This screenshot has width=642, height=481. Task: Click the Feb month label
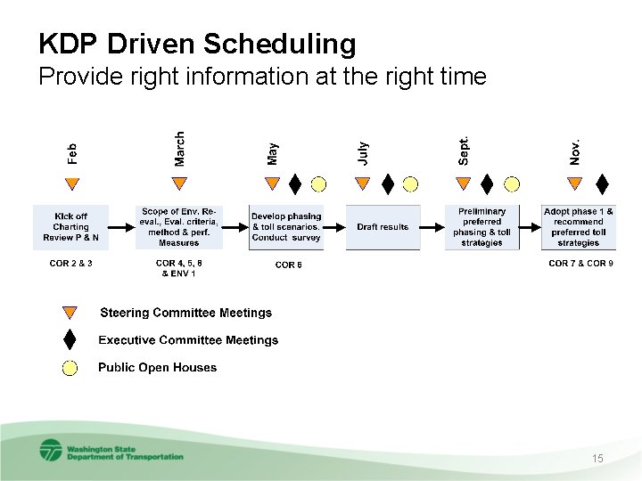click(x=73, y=152)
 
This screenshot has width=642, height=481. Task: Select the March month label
click(x=180, y=148)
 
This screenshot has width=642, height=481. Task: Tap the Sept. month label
click(x=463, y=150)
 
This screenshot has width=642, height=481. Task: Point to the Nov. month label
click(x=575, y=151)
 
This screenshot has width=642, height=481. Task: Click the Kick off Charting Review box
click(x=71, y=227)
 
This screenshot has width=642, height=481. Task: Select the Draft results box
click(x=383, y=227)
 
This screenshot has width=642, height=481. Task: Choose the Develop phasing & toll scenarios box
click(x=285, y=227)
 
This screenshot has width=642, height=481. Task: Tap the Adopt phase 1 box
click(x=578, y=227)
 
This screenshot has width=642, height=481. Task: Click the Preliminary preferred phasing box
click(x=481, y=227)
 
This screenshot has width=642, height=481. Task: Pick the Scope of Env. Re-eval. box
click(x=179, y=227)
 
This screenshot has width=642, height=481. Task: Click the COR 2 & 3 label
click(x=71, y=264)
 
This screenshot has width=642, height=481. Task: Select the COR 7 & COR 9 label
click(x=580, y=264)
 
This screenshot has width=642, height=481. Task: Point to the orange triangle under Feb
click(x=72, y=184)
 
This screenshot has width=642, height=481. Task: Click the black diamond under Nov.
click(x=602, y=184)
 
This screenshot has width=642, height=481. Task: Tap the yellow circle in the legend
click(x=70, y=367)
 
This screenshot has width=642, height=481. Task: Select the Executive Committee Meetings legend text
click(x=188, y=340)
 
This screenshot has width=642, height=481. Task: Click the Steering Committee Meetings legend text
click(x=185, y=313)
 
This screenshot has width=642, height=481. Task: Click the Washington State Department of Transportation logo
click(x=111, y=451)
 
